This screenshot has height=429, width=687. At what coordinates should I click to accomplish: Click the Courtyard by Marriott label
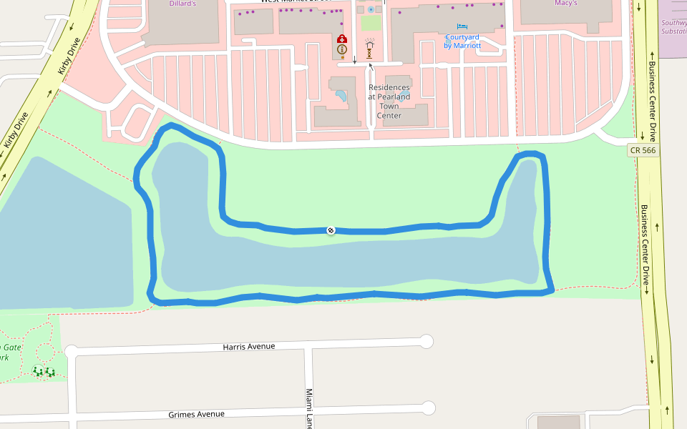click(x=462, y=41)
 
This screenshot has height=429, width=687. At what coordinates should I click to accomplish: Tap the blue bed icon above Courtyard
click(x=462, y=27)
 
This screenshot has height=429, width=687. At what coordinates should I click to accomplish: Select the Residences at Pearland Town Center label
click(x=389, y=101)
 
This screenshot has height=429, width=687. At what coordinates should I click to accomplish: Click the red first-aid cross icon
click(x=342, y=39)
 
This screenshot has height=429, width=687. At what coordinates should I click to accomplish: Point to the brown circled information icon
click(x=342, y=50)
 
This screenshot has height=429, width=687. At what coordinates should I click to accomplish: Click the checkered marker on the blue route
click(x=331, y=230)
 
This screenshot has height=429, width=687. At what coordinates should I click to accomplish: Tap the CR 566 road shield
click(x=642, y=150)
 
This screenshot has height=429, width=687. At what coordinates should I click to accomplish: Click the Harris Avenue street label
click(x=249, y=347)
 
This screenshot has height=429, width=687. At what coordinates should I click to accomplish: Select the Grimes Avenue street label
click(x=196, y=414)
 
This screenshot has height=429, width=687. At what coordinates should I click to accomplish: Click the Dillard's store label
click(x=182, y=4)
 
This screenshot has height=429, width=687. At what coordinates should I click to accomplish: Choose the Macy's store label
click(x=565, y=4)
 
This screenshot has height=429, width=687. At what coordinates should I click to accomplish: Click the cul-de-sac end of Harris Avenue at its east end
click(x=427, y=341)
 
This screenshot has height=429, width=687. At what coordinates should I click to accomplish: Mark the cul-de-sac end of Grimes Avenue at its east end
click(x=428, y=408)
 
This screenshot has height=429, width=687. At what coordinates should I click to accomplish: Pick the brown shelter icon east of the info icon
click(x=369, y=49)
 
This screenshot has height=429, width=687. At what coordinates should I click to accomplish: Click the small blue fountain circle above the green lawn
click(x=371, y=9)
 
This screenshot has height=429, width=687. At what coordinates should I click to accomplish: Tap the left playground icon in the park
click(x=38, y=371)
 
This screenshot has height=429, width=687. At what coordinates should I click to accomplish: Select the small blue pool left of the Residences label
click(x=341, y=95)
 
